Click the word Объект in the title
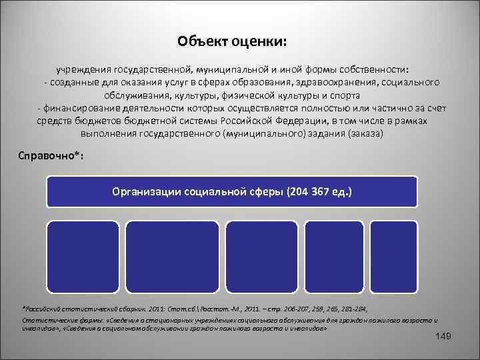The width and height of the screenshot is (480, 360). (x=201, y=43)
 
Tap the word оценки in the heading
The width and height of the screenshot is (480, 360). (x=258, y=43)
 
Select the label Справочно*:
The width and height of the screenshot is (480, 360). (x=53, y=155)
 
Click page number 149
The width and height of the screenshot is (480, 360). (x=442, y=336)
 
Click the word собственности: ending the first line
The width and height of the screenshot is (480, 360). (x=378, y=69)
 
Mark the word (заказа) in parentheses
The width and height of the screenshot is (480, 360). (x=365, y=133)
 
